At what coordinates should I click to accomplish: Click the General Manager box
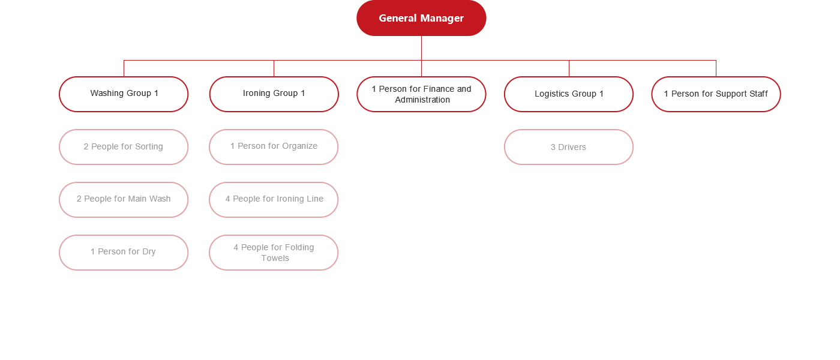(421, 18)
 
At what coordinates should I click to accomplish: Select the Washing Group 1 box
(124, 94)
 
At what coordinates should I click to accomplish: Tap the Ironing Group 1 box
(274, 94)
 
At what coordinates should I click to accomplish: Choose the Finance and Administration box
(421, 94)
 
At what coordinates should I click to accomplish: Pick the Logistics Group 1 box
(569, 94)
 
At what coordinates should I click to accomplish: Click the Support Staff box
(716, 94)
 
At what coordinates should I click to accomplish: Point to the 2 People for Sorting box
(124, 147)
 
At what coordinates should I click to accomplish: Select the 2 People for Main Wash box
(124, 200)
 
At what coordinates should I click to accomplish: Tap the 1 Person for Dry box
(124, 253)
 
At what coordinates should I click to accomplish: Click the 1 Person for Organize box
(274, 147)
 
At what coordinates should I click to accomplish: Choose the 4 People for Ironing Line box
(274, 200)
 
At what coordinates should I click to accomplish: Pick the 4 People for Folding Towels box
(274, 253)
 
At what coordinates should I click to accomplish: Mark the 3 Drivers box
(569, 147)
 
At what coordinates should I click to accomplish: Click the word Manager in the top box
(442, 19)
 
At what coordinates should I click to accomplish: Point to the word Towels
(275, 258)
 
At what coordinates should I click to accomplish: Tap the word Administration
(422, 100)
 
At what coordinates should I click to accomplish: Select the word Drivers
(572, 147)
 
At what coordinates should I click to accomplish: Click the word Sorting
(149, 146)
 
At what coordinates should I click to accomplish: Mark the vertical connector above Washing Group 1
(124, 68)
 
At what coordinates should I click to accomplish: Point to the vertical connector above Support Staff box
(716, 68)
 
